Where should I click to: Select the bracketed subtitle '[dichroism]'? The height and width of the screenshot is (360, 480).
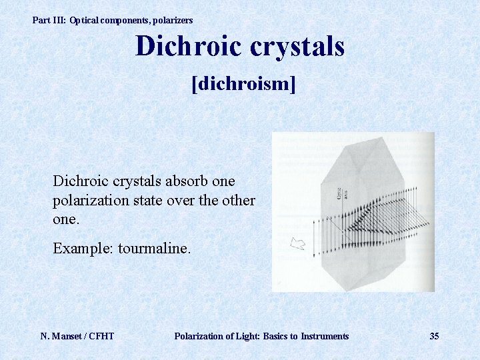tap(243, 85)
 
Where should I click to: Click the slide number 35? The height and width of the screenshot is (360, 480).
tap(434, 336)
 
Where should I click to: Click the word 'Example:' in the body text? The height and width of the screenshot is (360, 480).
tap(83, 249)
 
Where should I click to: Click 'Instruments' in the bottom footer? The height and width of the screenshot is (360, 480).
tap(325, 336)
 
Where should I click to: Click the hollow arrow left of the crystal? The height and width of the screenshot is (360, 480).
tap(298, 243)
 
